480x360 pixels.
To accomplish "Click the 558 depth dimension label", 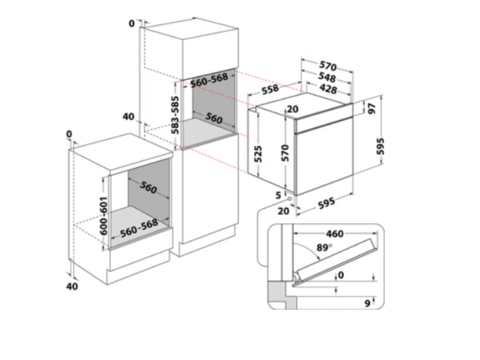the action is pos(270,90).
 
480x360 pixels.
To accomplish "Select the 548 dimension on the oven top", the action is pos(327,77).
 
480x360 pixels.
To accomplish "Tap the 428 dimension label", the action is pos(328,89).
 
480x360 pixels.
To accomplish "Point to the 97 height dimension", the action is pos(371,108).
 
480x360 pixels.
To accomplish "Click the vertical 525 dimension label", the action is pos(258,154).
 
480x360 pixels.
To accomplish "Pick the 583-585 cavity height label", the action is pos(175,115).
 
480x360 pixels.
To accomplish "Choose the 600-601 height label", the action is pos(104,216).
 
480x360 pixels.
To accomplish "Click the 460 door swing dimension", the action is pos(335,234).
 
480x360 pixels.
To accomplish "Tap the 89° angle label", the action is pos(324,247).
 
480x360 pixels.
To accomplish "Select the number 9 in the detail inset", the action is pos(367,303).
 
